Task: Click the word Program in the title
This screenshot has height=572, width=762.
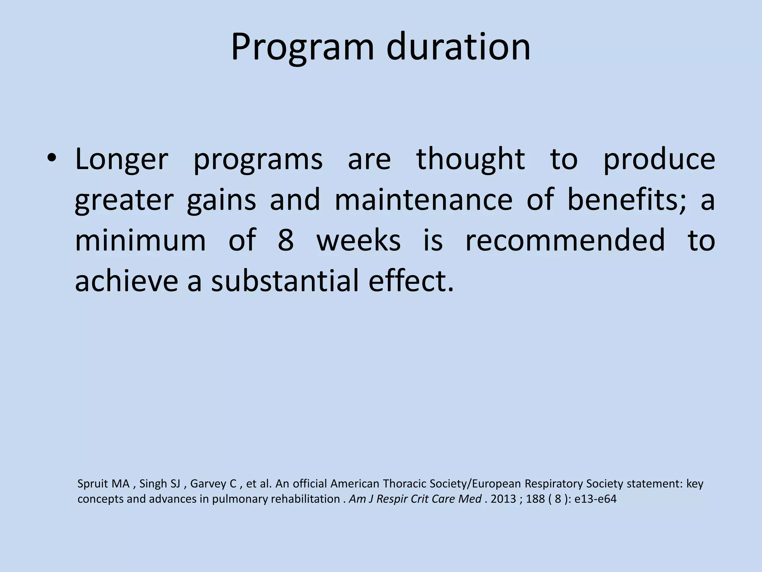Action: [302, 48]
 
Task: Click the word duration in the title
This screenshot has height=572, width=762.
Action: [458, 47]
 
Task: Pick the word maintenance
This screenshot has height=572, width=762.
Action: [423, 200]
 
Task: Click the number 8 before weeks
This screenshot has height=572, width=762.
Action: [286, 240]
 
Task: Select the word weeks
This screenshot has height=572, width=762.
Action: [358, 240]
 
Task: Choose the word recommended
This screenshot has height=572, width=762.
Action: [565, 240]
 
